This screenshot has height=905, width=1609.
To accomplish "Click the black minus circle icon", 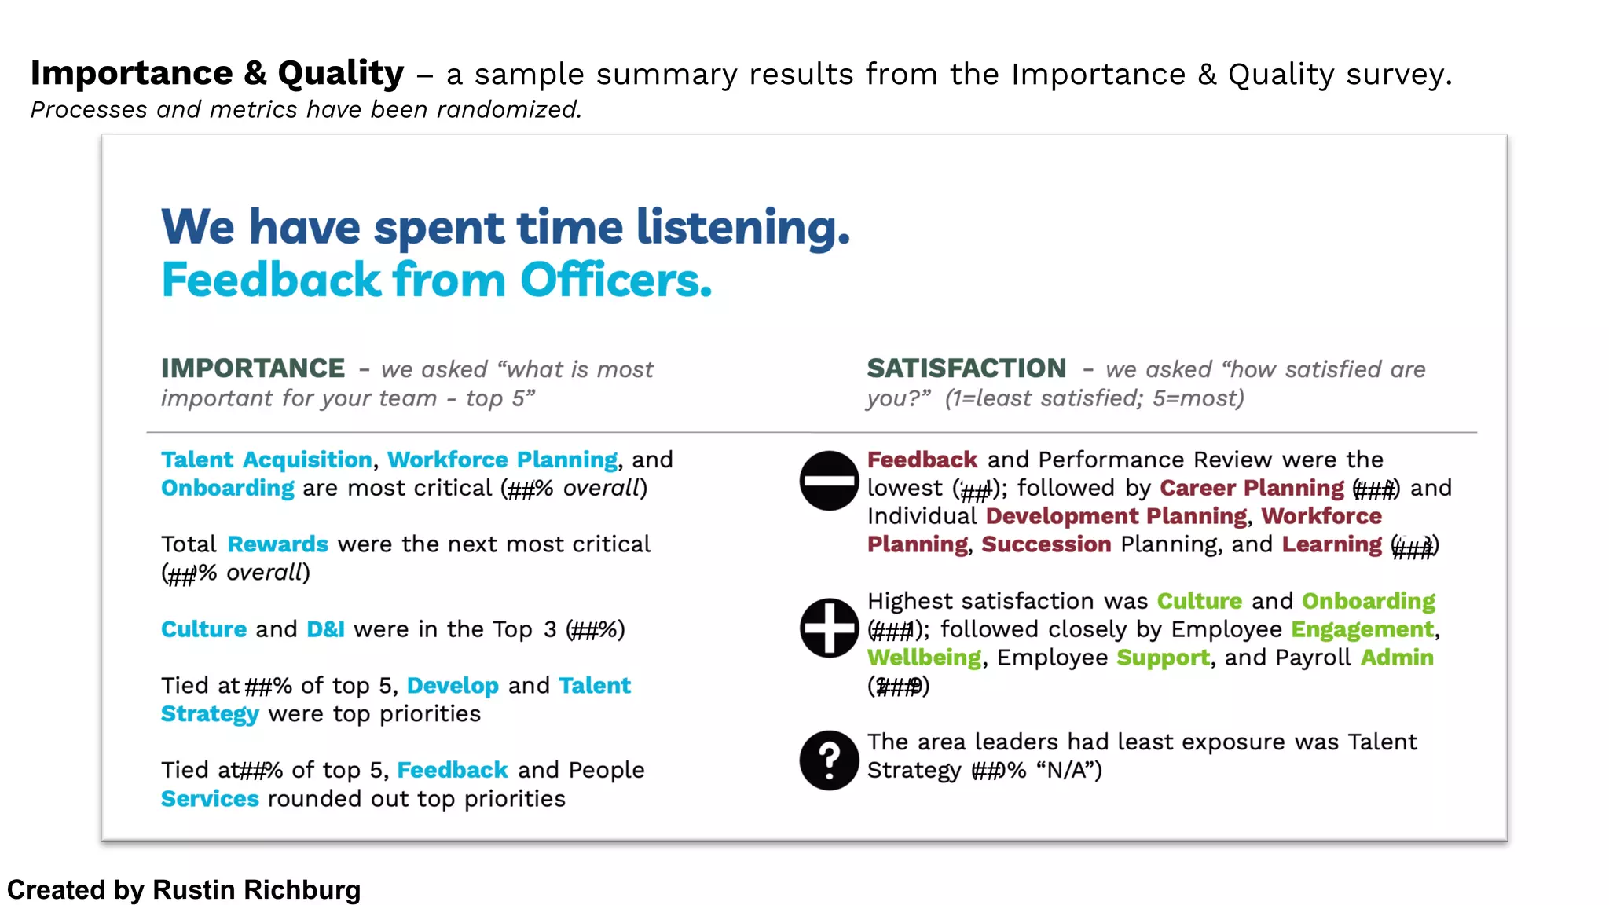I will click(x=829, y=481).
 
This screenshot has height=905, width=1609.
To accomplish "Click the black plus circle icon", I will click(x=829, y=628).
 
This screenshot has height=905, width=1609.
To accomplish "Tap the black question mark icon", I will click(x=829, y=760).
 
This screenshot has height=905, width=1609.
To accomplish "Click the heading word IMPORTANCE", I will click(x=253, y=368).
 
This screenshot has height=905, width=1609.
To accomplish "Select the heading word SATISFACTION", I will click(x=966, y=368).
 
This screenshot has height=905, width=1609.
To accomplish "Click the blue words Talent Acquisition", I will click(x=266, y=460).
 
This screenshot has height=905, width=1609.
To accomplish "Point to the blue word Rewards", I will click(x=278, y=544).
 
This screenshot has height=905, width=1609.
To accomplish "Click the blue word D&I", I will click(x=325, y=629).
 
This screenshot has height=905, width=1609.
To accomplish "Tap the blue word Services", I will click(x=210, y=799).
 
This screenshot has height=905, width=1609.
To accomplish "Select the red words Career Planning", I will click(x=1252, y=488).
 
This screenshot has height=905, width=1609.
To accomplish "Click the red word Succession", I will click(x=1046, y=544).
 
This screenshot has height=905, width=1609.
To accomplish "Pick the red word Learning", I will click(x=1331, y=544).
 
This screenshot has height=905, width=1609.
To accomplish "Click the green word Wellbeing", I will click(x=924, y=658).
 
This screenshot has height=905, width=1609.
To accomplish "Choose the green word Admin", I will click(x=1397, y=658).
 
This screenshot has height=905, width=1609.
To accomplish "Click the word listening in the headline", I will click(x=742, y=228).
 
